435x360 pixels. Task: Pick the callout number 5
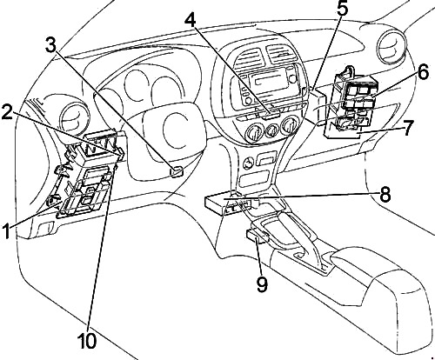click(x=342, y=10)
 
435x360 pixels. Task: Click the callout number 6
click(x=423, y=72)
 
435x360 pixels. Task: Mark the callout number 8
click(x=385, y=195)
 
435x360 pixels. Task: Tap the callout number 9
click(x=262, y=284)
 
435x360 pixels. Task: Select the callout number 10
click(x=87, y=341)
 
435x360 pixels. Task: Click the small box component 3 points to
click(x=177, y=171)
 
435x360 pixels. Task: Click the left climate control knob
click(x=254, y=134)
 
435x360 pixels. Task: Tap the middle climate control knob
click(x=272, y=131)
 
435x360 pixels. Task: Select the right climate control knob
click(x=290, y=126)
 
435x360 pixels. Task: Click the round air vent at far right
click(x=392, y=48)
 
